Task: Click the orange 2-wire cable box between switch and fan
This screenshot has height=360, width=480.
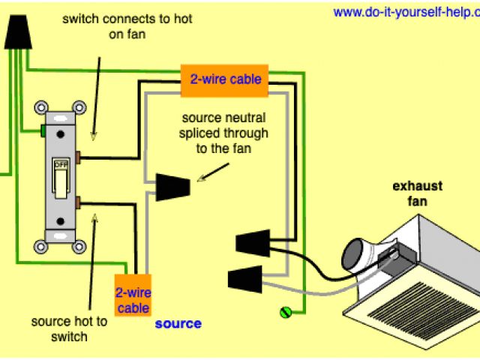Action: tap(224, 80)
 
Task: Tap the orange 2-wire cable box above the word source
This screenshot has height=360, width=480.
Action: tap(133, 295)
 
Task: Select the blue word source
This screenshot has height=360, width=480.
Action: tap(178, 324)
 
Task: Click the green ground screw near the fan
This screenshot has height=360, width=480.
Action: tap(286, 313)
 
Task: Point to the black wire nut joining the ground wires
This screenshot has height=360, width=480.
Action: tap(18, 32)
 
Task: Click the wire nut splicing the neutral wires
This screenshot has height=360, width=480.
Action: tap(172, 187)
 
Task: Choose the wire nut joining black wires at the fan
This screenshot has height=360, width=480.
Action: tap(253, 243)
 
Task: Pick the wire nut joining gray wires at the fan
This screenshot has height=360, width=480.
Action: tap(245, 279)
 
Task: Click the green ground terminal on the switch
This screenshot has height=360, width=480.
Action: tap(43, 130)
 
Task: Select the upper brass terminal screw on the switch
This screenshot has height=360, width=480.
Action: tap(78, 157)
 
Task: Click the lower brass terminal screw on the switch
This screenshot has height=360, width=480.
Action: tap(78, 203)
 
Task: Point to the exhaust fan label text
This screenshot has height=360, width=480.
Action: tap(417, 193)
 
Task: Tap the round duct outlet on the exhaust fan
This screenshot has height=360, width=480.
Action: tap(355, 255)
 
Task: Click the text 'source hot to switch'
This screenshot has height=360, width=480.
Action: tap(69, 329)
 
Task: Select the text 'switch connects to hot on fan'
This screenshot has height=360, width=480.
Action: tap(127, 27)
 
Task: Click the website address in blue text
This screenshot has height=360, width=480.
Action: tap(406, 13)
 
